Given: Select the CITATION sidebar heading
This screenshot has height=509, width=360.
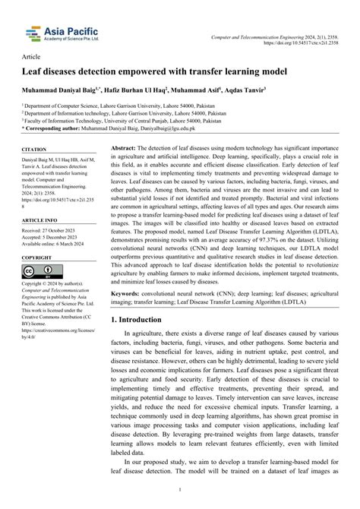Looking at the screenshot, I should pyautogui.click(x=36, y=150).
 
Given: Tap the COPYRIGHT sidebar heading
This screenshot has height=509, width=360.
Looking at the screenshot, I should pyautogui.click(x=39, y=258).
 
